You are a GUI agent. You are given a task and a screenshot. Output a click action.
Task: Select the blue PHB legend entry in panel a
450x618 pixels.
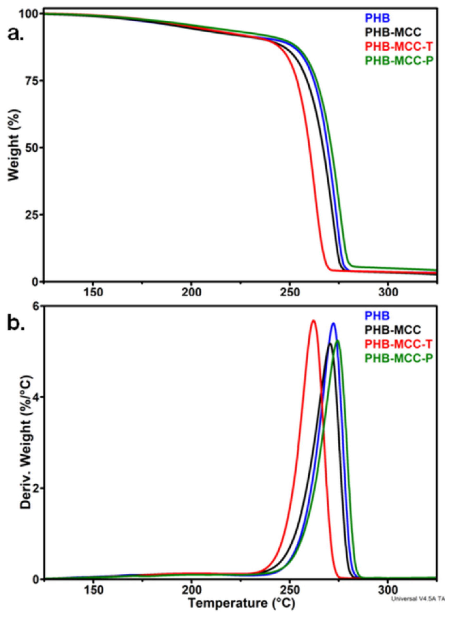click(x=377, y=18)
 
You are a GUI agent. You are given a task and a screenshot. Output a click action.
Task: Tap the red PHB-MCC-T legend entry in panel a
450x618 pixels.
click(x=398, y=46)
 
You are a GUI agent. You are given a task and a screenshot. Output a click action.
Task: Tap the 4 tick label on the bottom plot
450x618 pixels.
click(x=36, y=397)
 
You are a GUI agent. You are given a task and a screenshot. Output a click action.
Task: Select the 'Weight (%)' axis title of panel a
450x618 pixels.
click(x=14, y=147)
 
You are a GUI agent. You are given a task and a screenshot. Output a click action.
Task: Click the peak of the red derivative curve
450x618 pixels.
click(x=313, y=321)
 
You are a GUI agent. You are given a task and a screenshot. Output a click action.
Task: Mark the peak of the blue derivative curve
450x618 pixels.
click(x=333, y=323)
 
